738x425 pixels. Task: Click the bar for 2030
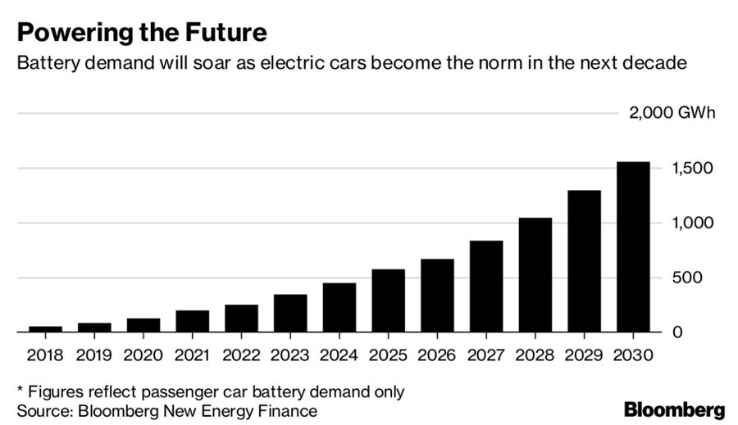(633, 247)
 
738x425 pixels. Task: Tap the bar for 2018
(45, 329)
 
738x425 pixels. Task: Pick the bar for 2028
(535, 275)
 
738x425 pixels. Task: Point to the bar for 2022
(241, 319)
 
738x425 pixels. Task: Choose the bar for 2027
(486, 287)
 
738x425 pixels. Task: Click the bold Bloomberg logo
(675, 409)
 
